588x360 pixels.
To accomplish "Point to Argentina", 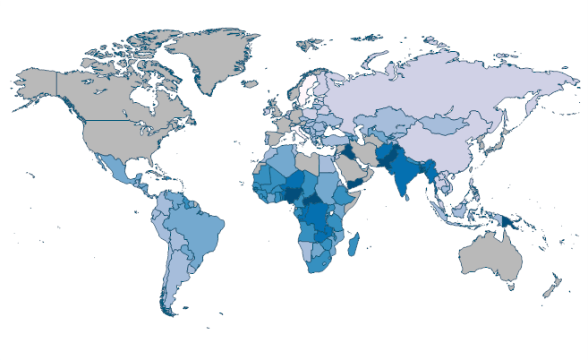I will (169, 278).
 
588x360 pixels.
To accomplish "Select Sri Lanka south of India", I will (417, 201).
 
